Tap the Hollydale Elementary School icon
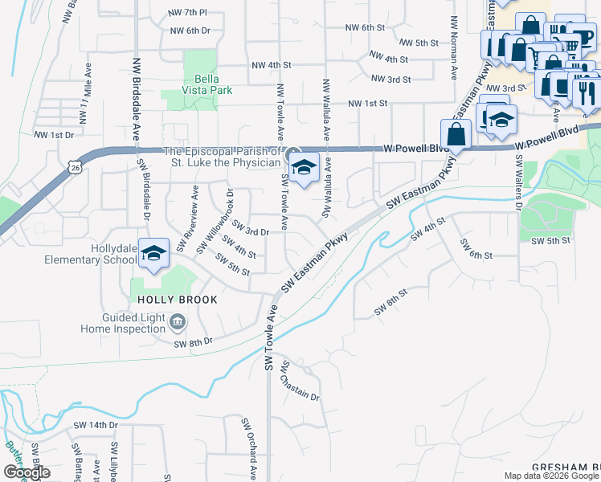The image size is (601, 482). pos(153,253)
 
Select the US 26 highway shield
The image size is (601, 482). pos(75,166)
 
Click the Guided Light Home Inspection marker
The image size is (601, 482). pos(178,323)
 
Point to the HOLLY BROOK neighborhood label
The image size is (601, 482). pos(166,300)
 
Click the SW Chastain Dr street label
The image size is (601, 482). pos(300,382)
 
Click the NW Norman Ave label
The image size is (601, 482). pos(454,55)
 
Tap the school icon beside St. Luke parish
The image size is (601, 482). pos(304,169)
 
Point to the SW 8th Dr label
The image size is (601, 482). pos(193,342)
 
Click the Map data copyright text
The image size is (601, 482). pos(551,476)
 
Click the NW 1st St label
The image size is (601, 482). pos(367,104)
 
